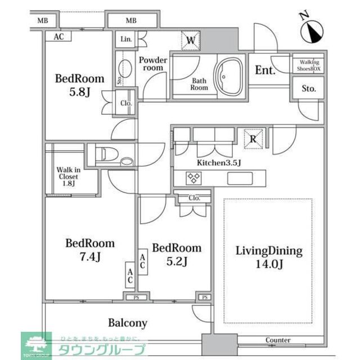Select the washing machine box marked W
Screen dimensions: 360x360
click(191, 40)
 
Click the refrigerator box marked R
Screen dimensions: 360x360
click(253, 139)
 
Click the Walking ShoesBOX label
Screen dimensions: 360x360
click(308, 65)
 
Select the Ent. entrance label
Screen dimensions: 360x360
click(265, 71)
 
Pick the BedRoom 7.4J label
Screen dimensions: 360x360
click(90, 250)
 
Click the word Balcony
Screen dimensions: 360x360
click(128, 323)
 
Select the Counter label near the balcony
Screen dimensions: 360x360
click(278, 340)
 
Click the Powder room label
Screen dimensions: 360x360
click(154, 64)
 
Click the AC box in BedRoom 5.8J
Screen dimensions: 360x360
click(58, 37)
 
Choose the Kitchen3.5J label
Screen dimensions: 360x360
click(218, 163)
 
